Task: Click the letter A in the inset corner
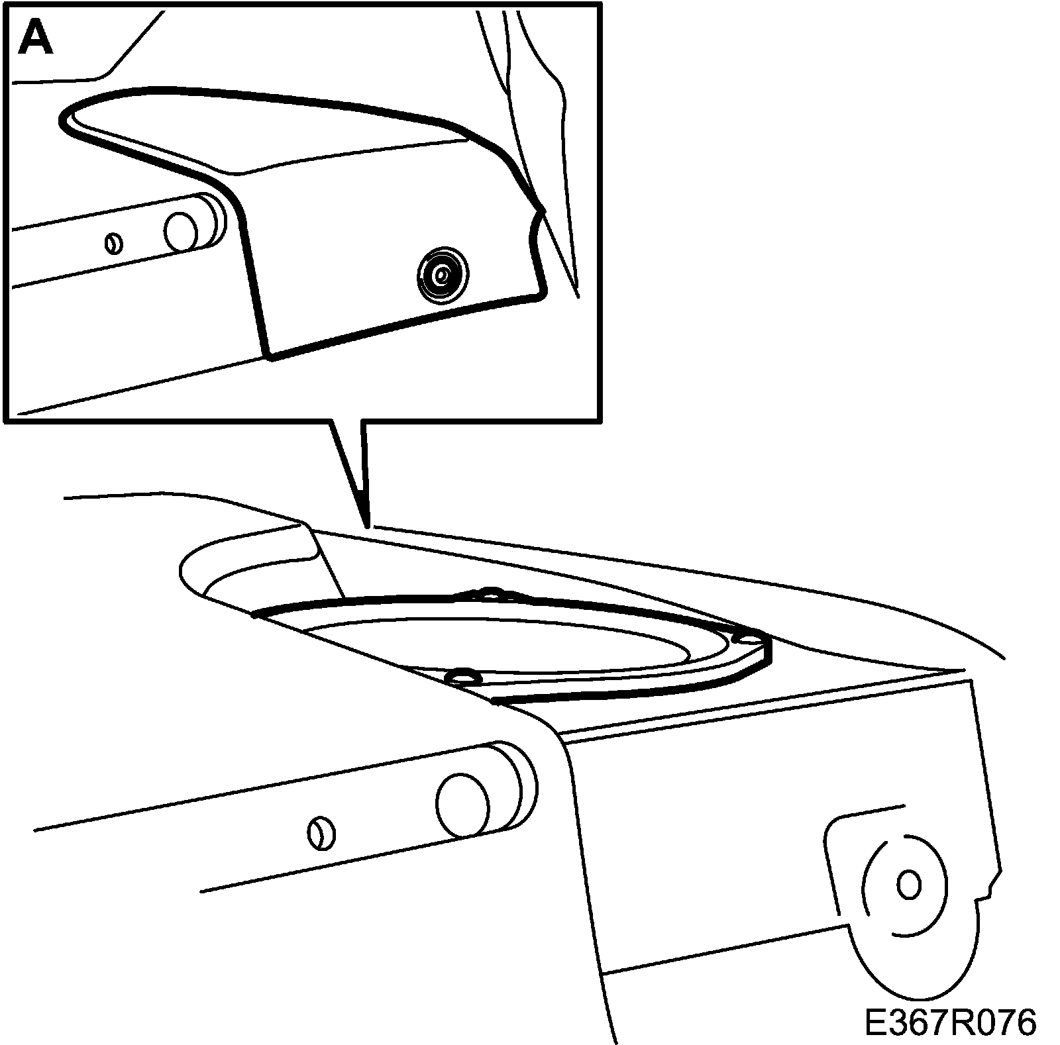(x=36, y=39)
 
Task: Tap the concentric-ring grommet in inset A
(x=442, y=273)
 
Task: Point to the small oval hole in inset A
(x=114, y=243)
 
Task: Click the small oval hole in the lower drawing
(x=321, y=834)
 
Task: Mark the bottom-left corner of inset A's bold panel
(x=269, y=358)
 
